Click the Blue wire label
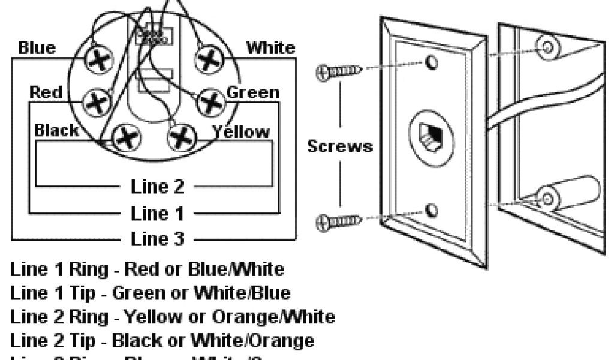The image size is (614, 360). (37, 48)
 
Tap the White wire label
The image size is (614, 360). (270, 48)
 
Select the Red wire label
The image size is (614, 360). (46, 92)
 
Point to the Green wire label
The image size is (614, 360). (252, 92)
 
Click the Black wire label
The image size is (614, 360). (56, 131)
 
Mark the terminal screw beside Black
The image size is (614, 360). (127, 138)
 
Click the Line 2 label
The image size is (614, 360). (158, 187)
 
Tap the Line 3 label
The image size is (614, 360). (158, 239)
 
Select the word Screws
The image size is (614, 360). (340, 146)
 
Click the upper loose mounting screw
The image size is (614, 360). (339, 73)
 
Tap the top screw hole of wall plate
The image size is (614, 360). (429, 62)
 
